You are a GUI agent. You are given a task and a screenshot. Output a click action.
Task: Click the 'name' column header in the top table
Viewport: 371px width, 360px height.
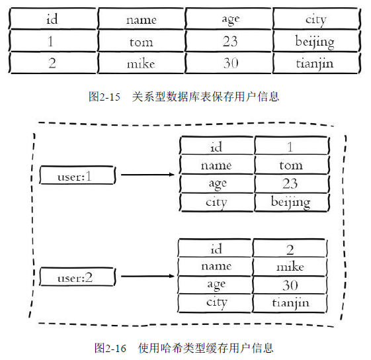pyautogui.click(x=141, y=19)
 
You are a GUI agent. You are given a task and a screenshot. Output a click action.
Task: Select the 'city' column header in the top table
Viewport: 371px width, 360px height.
pyautogui.click(x=315, y=19)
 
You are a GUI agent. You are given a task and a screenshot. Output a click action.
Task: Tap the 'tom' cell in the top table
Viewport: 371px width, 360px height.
pyautogui.click(x=141, y=42)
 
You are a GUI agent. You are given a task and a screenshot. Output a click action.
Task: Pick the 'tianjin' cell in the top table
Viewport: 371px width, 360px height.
pyautogui.click(x=315, y=64)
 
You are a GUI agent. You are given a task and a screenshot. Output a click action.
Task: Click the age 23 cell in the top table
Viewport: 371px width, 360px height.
pyautogui.click(x=229, y=42)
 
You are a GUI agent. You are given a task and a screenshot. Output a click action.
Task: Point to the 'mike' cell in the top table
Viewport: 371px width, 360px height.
pyautogui.click(x=141, y=64)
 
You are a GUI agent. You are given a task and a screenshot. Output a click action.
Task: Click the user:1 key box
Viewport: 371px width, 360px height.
pyautogui.click(x=79, y=176)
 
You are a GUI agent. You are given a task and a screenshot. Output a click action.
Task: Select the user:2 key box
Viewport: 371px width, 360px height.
pyautogui.click(x=79, y=277)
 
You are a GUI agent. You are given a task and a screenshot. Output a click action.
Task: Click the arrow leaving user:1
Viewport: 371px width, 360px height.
pyautogui.click(x=147, y=175)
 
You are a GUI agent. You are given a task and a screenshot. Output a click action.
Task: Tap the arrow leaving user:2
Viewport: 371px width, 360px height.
pyautogui.click(x=147, y=276)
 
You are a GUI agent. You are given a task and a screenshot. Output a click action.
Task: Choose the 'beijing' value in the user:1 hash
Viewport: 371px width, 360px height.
pyautogui.click(x=290, y=202)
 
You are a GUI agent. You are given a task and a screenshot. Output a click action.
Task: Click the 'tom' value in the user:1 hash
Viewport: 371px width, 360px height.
pyautogui.click(x=290, y=165)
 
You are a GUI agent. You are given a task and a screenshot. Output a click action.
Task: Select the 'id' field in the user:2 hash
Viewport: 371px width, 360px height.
pyautogui.click(x=216, y=248)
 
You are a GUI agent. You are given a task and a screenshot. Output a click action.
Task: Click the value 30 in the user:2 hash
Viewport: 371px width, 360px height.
pyautogui.click(x=290, y=285)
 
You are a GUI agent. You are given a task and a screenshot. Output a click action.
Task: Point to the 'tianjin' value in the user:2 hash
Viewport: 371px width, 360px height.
pyautogui.click(x=290, y=303)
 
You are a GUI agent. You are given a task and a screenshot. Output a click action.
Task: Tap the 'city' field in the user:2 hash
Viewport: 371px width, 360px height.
pyautogui.click(x=216, y=302)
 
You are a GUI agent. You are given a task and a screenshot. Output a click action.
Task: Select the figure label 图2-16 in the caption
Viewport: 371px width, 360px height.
pyautogui.click(x=110, y=347)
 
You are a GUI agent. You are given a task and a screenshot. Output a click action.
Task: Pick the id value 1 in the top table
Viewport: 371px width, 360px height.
pyautogui.click(x=52, y=42)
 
